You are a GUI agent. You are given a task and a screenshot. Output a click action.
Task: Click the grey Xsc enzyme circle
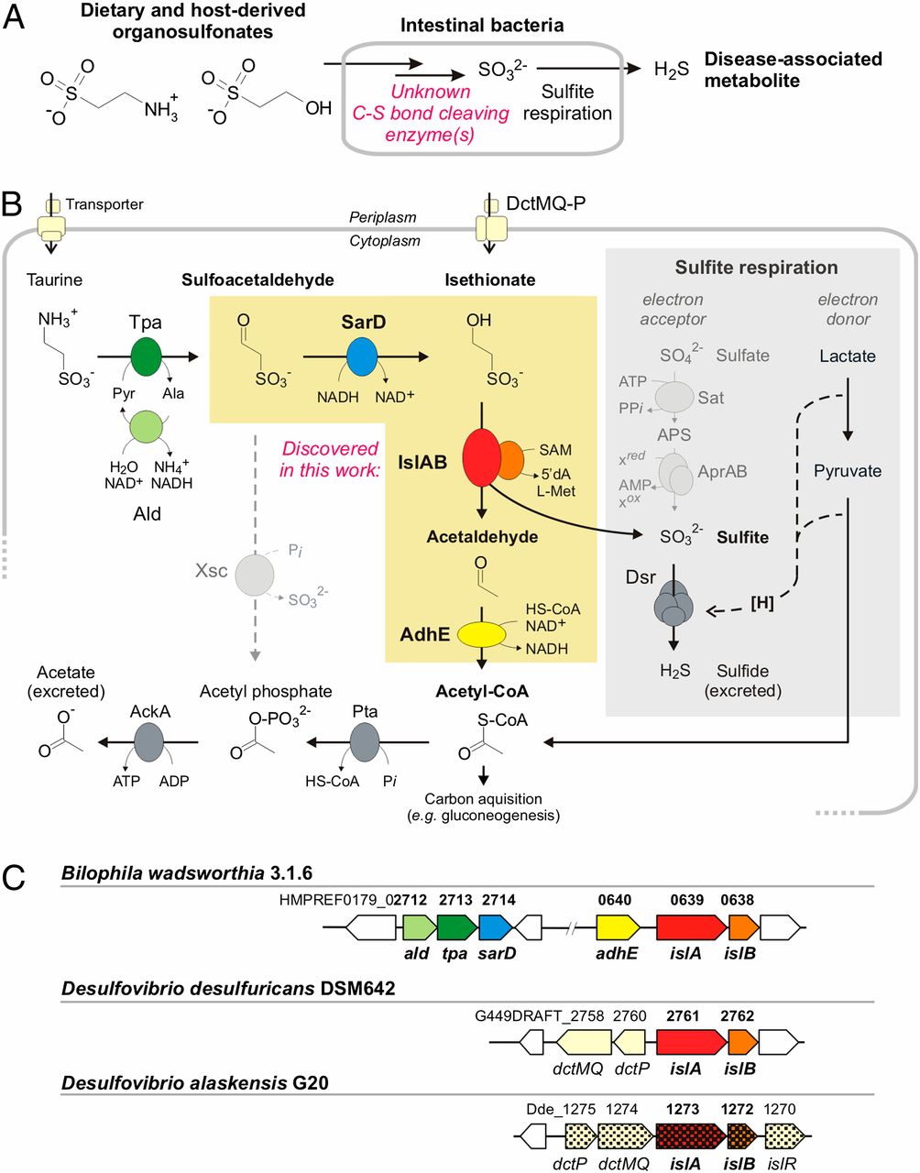[x=255, y=575]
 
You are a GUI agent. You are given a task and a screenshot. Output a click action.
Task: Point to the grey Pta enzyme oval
[x=365, y=741]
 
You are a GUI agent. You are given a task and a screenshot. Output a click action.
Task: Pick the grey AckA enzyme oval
[x=148, y=741]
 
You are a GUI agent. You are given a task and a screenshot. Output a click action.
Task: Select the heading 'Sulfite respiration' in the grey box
[x=756, y=268]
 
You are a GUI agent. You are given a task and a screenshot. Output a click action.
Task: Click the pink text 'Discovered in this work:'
[x=330, y=459]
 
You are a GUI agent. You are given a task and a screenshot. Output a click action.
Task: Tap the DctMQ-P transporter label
[x=546, y=203]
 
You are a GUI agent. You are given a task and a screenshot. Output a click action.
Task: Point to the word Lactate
[x=848, y=356]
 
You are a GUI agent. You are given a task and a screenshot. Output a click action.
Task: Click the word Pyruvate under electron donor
[x=848, y=471]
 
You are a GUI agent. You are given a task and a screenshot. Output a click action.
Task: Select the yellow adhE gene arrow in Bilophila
[x=617, y=927]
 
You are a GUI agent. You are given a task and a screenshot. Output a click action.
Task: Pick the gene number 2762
[x=737, y=1015]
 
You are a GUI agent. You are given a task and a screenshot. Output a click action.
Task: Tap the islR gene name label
[x=782, y=1163]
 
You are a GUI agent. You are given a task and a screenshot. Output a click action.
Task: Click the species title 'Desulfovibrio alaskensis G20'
[x=194, y=1083]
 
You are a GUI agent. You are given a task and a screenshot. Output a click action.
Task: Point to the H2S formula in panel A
[x=672, y=71]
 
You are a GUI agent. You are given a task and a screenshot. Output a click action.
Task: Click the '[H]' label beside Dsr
[x=762, y=603]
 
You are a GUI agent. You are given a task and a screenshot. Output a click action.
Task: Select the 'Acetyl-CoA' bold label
[x=481, y=691]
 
